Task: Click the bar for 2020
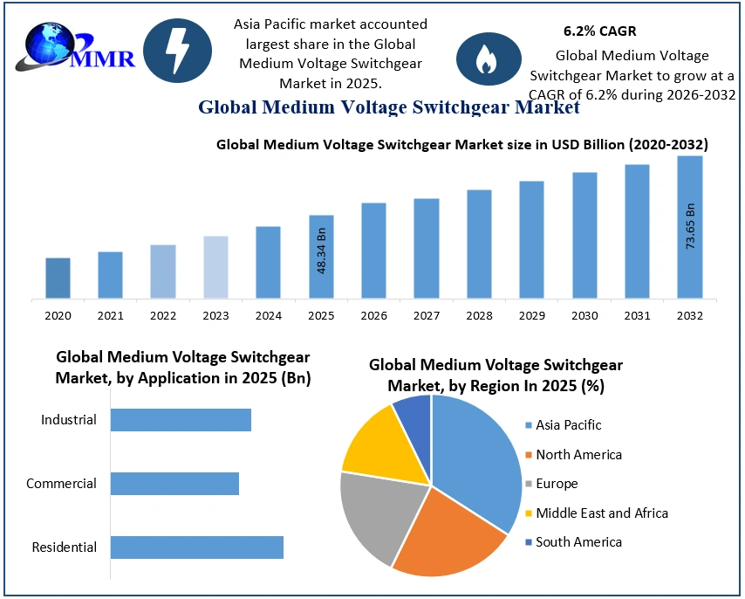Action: pos(58,278)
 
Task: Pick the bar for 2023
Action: pos(215,266)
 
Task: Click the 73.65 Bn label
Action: pos(690,227)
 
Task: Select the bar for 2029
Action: pos(531,239)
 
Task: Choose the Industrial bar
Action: pos(181,420)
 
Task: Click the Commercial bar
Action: pos(174,484)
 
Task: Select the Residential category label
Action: pos(64,547)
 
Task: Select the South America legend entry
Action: pos(578,542)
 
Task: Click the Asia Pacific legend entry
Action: pos(568,425)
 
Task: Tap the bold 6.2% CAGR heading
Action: pos(599,31)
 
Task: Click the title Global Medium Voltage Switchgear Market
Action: pos(388,107)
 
